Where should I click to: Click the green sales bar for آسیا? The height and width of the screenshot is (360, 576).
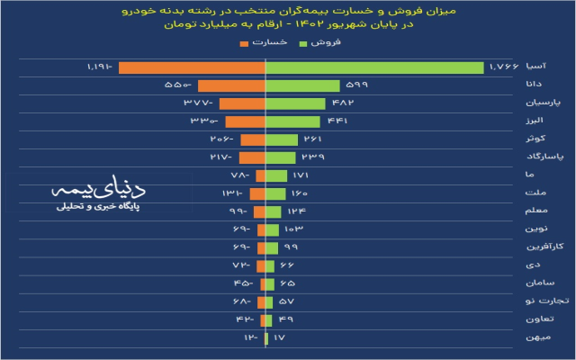[x=373, y=67]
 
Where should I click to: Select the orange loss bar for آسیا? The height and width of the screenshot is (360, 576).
[x=192, y=67]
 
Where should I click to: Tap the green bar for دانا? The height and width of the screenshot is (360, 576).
[x=302, y=85]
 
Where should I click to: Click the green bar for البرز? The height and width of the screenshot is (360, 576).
[x=292, y=121]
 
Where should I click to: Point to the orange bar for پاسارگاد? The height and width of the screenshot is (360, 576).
[x=252, y=157]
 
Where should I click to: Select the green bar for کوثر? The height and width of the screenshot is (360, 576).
[x=282, y=139]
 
